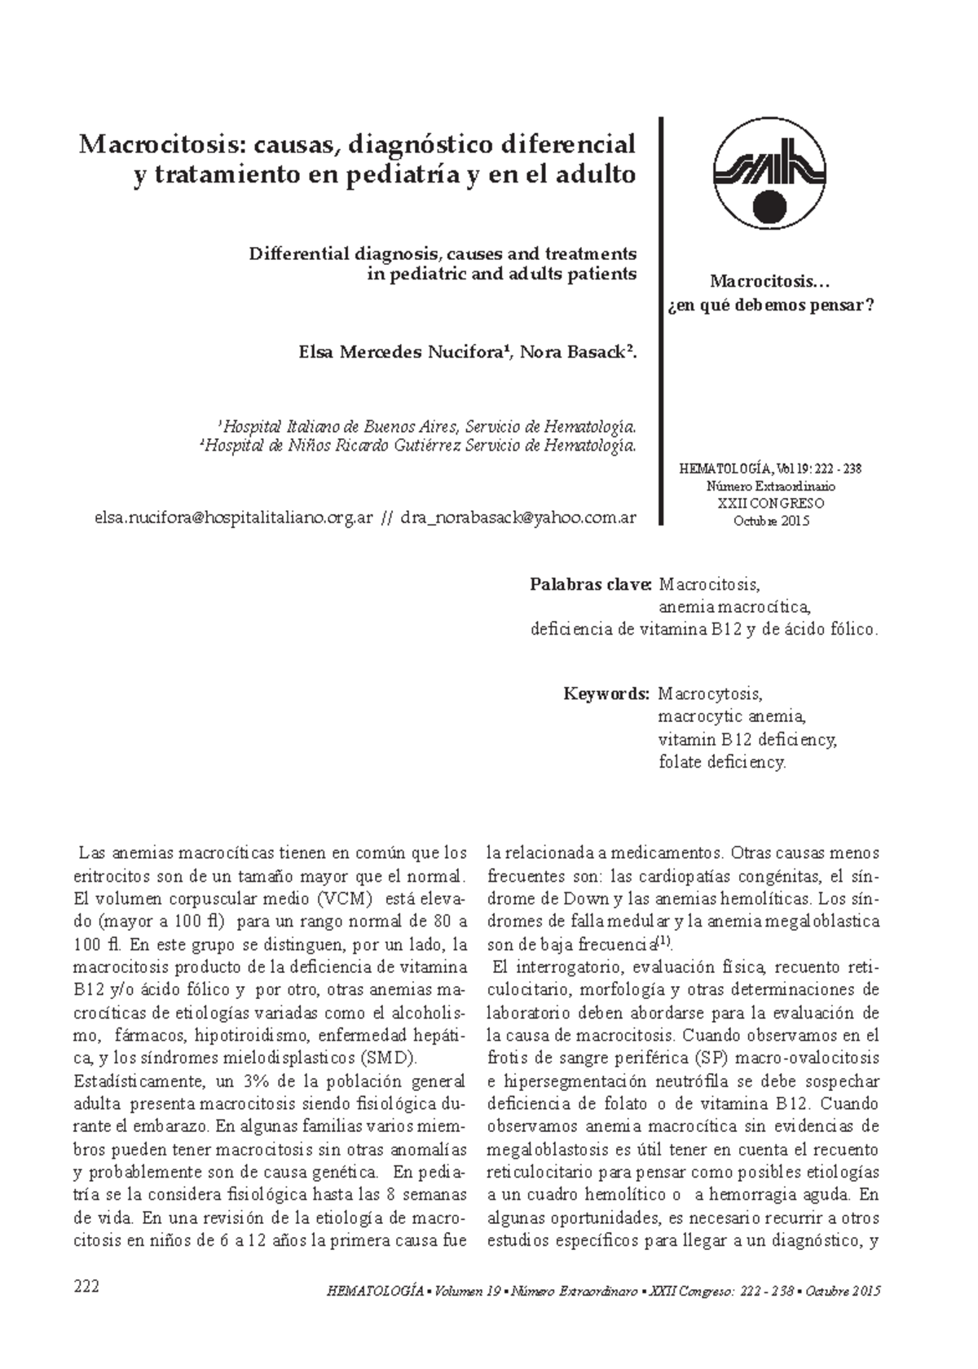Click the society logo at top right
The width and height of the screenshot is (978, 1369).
(x=770, y=173)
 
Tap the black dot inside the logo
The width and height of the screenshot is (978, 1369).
(x=770, y=206)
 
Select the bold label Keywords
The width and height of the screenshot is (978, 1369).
(x=606, y=694)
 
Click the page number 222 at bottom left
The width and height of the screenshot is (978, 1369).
(x=86, y=1286)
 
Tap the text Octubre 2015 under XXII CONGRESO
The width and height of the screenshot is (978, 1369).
(x=771, y=521)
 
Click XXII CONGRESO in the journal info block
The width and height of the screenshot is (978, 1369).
(x=771, y=504)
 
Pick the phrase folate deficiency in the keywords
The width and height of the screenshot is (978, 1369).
(x=722, y=763)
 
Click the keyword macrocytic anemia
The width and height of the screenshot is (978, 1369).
(x=732, y=717)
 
